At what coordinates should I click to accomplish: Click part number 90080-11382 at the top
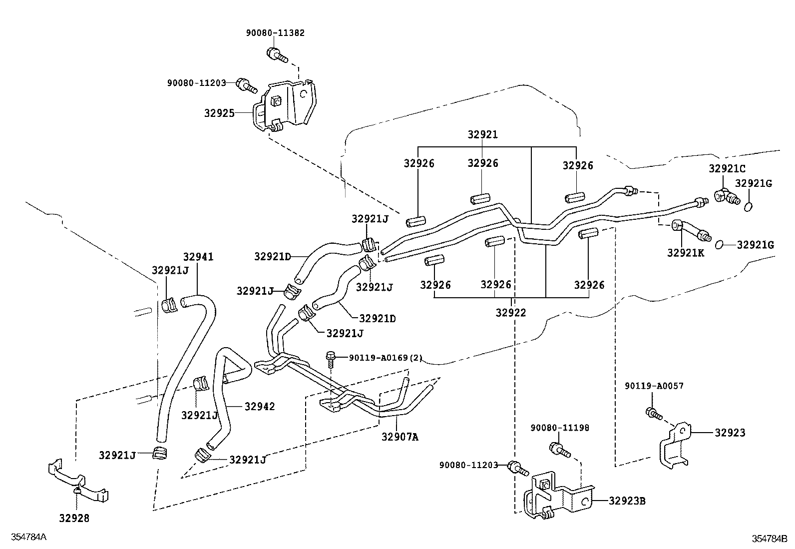click(275, 33)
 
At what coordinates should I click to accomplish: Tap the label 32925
click(219, 113)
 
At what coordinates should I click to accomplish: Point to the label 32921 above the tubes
click(482, 135)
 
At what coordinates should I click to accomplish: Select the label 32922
click(510, 313)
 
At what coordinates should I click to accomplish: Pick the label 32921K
click(685, 253)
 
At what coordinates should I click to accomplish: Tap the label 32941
click(198, 257)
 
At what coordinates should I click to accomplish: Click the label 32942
click(259, 407)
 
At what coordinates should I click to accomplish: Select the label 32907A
click(399, 437)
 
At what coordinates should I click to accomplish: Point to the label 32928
click(74, 519)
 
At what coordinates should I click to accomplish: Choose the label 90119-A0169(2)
click(386, 358)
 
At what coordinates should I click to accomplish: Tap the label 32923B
click(627, 501)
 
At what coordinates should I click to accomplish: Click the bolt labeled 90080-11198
click(559, 449)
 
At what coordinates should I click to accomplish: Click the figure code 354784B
click(770, 539)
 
